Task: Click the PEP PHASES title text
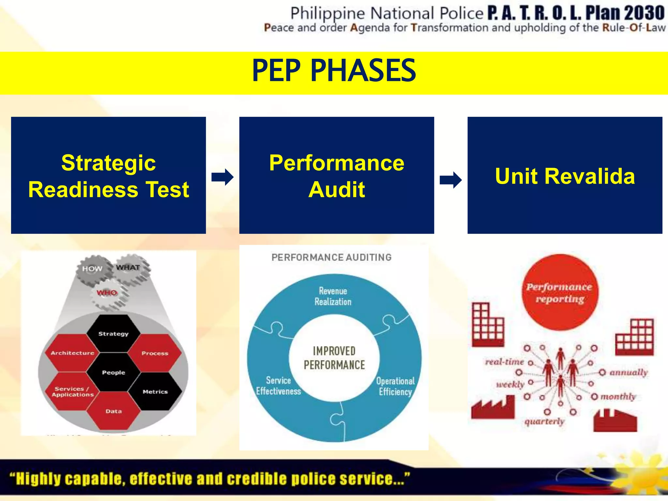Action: click(334, 70)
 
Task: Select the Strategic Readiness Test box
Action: click(108, 175)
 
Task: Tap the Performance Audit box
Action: click(336, 175)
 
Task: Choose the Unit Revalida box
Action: click(565, 175)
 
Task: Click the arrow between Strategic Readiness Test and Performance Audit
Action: click(222, 177)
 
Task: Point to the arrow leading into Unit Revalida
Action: click(450, 180)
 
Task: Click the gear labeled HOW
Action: click(92, 269)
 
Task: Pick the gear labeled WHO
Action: click(107, 293)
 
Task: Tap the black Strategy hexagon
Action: click(113, 333)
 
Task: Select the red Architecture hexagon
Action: click(72, 353)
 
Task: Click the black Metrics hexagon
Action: click(155, 391)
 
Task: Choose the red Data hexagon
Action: click(113, 411)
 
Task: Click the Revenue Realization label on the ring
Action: click(333, 296)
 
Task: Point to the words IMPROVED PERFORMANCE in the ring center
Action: click(334, 358)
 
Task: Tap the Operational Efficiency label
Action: click(395, 386)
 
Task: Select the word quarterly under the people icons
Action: click(544, 421)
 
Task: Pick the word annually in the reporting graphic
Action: click(628, 372)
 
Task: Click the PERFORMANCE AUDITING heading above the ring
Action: click(331, 257)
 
